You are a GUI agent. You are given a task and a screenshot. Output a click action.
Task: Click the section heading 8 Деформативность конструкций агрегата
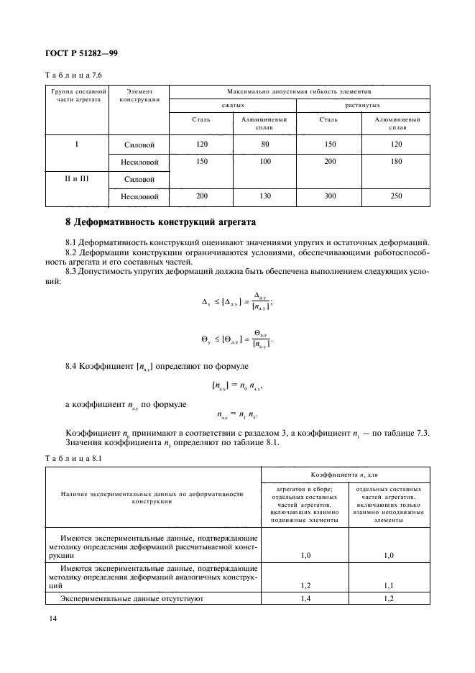(158, 221)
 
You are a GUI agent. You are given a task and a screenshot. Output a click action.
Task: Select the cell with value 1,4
(304, 597)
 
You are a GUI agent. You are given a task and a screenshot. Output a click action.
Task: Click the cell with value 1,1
(389, 585)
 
